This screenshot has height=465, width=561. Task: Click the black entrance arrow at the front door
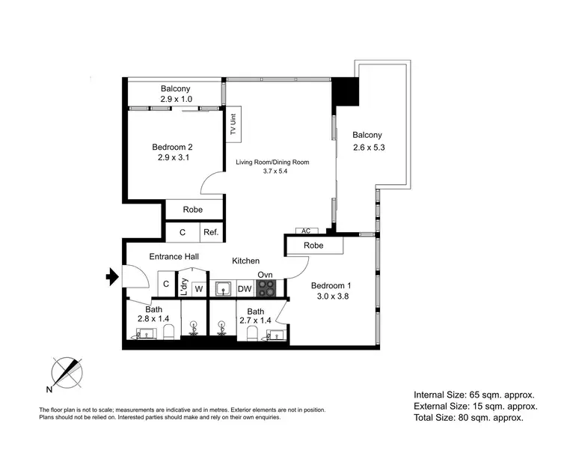[x=113, y=278]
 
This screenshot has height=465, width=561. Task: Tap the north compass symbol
[x=65, y=371]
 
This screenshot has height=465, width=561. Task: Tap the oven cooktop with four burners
[x=267, y=288]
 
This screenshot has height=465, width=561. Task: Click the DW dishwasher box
[x=245, y=288]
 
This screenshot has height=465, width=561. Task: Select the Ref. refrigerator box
[x=211, y=233]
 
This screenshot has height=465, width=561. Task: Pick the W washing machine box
[x=199, y=288]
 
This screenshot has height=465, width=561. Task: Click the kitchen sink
[x=222, y=288]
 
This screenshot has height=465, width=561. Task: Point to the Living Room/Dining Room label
[x=272, y=162]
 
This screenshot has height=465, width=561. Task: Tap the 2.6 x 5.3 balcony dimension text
[x=369, y=148]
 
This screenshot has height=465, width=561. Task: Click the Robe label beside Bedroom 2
[x=193, y=210]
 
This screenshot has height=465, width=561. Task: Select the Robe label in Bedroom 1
[x=313, y=245]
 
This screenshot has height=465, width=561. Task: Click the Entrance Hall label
[x=174, y=257]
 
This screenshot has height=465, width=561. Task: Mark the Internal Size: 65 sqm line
[x=476, y=394]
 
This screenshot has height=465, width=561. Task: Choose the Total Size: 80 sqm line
[x=468, y=418]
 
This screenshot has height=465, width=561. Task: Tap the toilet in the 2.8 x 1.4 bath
[x=168, y=332]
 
